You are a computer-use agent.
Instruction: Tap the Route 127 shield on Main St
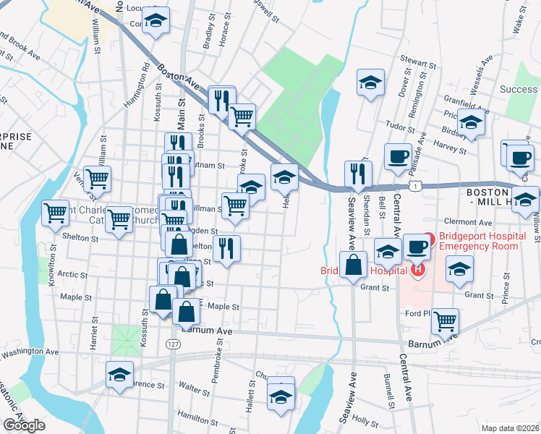pos(170,344)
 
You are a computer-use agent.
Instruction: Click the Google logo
pos(25,425)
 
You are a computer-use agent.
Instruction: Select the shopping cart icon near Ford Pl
pos(446,320)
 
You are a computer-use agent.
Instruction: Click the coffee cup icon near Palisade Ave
pos(398,156)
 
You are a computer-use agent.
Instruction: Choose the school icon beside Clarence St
pos(120,375)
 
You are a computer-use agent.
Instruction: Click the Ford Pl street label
pos(418,313)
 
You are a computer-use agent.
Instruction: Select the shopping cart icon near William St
pos(96,178)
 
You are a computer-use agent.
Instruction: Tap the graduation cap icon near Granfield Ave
pos(471,124)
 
